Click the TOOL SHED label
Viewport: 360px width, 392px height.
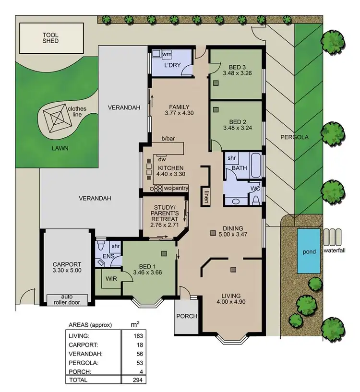[x=50, y=38]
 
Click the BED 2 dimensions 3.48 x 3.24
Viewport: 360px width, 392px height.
[x=237, y=128]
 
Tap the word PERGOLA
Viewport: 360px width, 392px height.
[x=295, y=137]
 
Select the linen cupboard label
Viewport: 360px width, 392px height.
[x=205, y=197]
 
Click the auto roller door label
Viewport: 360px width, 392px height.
[x=67, y=299]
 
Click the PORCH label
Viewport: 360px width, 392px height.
[x=186, y=316]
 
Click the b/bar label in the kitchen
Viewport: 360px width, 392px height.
[x=168, y=139]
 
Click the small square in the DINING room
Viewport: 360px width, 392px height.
[x=213, y=234]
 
